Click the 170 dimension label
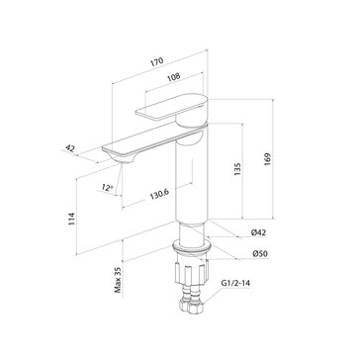coord(157,62)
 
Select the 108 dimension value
coord(174,77)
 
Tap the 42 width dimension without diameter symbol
coord(70,148)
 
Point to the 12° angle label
coord(107,188)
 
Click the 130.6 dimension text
coord(159,194)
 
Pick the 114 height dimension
coord(71,220)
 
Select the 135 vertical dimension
coord(237,168)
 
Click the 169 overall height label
coord(267,159)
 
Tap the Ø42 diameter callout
coord(259,232)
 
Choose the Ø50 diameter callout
coord(260,254)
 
